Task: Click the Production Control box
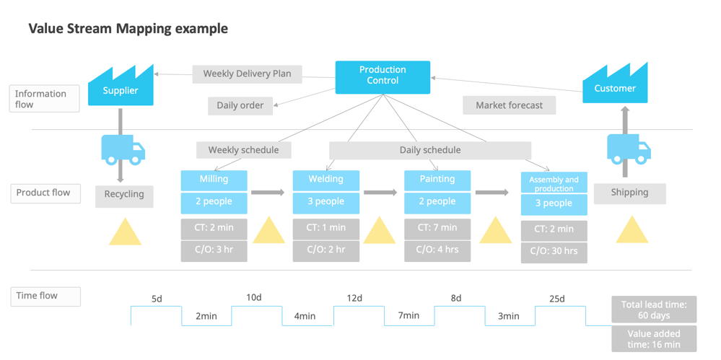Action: (383, 77)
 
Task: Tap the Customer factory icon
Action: (615, 84)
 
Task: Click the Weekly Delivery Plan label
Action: (247, 74)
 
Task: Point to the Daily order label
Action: (240, 105)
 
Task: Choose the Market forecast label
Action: (509, 105)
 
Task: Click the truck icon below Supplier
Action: (123, 149)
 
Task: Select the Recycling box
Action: (124, 195)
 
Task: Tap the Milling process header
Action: (214, 180)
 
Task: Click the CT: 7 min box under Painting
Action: (437, 228)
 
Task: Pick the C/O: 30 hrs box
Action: (554, 252)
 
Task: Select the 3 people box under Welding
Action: (325, 202)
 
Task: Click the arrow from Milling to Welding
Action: (268, 193)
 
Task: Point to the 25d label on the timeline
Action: (556, 299)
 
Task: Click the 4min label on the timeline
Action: (304, 316)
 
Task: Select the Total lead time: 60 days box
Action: (654, 309)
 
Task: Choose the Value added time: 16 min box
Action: (654, 339)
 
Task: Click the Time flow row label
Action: (45, 296)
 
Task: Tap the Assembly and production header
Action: (554, 183)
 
